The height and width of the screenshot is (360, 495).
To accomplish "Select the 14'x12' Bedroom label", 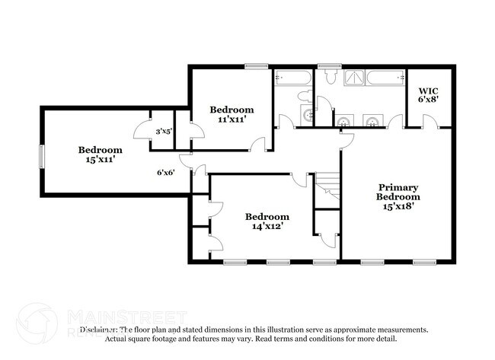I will tap(267, 221).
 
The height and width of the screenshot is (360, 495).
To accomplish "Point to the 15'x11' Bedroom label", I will tap(99, 155).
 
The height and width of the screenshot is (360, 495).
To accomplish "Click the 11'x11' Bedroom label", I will tap(232, 115).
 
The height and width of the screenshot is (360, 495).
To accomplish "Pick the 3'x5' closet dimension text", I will tap(164, 132).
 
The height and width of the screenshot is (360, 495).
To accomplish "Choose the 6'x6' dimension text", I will tap(166, 172).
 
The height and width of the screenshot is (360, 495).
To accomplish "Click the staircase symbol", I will tap(328, 187).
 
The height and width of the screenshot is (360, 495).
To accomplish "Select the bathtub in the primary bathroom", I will tap(386, 77).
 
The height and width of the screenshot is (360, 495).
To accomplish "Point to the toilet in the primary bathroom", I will tap(331, 76).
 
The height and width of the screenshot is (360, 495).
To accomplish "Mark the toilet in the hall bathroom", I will tap(305, 96).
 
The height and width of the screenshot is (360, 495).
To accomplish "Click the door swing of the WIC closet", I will tap(430, 121).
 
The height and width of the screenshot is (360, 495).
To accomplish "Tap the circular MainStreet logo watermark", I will tap(36, 323).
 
